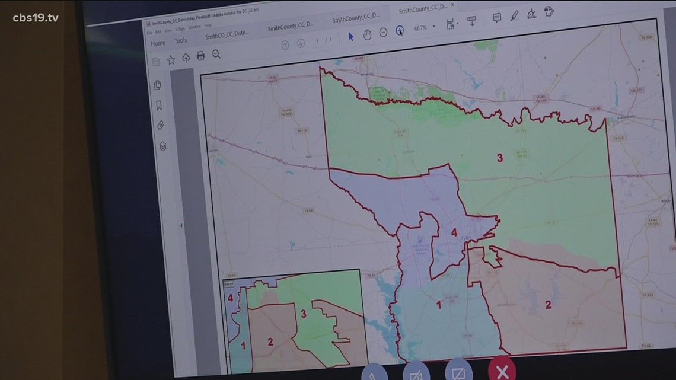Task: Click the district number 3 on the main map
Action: click(x=500, y=158)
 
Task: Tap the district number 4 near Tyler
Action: click(x=454, y=232)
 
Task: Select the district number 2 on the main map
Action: click(x=548, y=305)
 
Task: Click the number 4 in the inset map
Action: click(x=230, y=298)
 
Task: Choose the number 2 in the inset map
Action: click(x=270, y=341)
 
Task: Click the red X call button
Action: click(x=502, y=371)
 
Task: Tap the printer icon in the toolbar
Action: click(x=200, y=56)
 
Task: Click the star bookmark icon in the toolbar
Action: click(x=171, y=59)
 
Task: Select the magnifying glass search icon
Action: click(x=216, y=55)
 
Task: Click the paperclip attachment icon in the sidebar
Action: click(x=160, y=125)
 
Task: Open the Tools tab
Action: click(x=180, y=41)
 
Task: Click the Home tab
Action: click(x=158, y=43)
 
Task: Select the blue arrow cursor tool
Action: click(x=350, y=37)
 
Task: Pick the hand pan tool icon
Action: click(x=367, y=34)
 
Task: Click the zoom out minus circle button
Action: click(x=383, y=33)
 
